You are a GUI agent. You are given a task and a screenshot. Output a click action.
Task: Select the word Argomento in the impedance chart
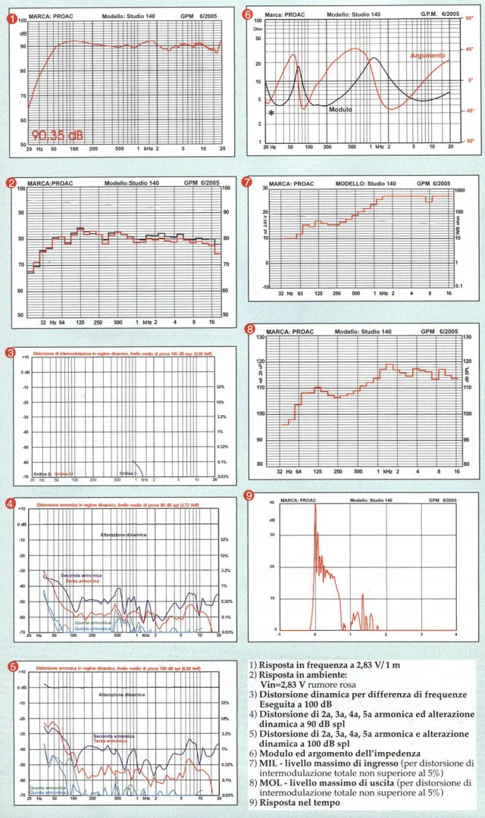[428, 55]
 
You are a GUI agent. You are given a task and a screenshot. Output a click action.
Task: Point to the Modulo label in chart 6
[340, 109]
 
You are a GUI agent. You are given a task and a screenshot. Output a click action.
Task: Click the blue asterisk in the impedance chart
[271, 113]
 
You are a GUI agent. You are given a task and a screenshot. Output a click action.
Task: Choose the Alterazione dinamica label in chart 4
[124, 535]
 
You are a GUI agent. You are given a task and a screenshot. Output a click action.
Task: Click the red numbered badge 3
[11, 352]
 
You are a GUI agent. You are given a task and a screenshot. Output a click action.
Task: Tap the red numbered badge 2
[11, 183]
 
